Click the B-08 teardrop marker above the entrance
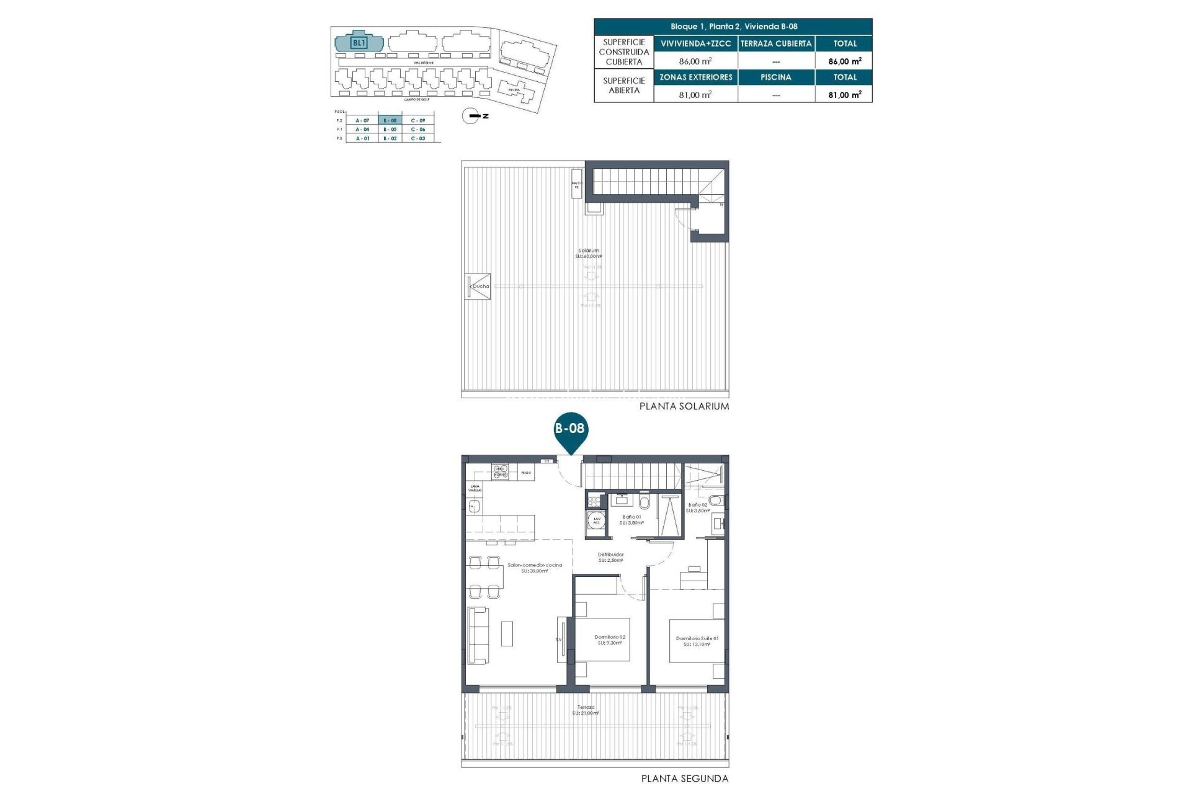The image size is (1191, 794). (569, 429)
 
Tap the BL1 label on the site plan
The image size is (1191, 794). (359, 43)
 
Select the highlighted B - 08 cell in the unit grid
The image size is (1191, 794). (390, 120)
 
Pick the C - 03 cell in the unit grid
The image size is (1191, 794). (417, 138)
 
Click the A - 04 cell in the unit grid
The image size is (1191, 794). (362, 130)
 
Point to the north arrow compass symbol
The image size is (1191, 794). (471, 116)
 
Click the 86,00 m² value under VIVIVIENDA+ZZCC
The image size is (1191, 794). (695, 61)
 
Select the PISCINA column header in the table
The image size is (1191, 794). (775, 78)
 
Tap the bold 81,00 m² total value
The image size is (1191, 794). (844, 95)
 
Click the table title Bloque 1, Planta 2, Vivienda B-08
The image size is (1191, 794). (733, 27)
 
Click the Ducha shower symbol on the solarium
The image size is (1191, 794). (478, 287)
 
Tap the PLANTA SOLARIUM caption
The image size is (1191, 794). (684, 406)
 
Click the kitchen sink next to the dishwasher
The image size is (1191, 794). (475, 507)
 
